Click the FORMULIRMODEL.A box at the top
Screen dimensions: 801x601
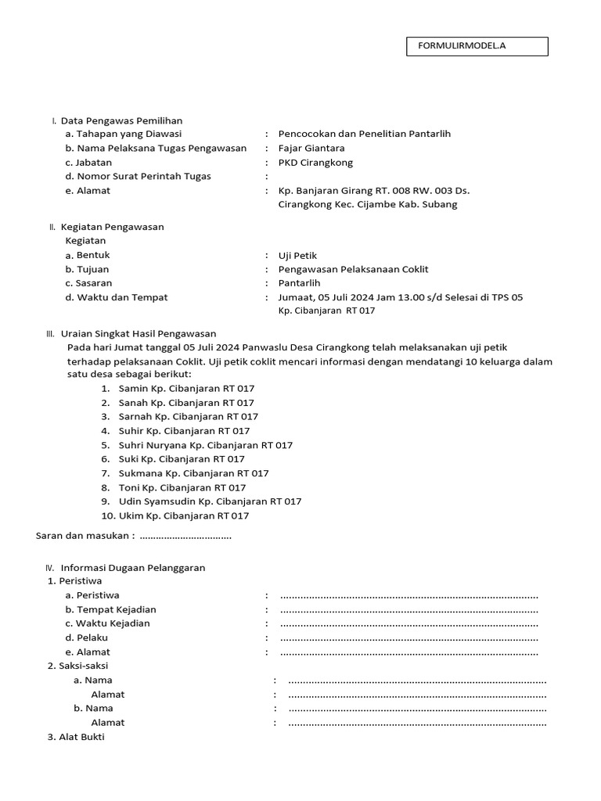477,46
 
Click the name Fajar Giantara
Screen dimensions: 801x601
311,148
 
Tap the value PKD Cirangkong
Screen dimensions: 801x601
315,163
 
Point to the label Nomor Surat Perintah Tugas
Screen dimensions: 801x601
139,177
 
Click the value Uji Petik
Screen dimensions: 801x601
298,256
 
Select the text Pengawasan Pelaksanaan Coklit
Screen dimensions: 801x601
353,269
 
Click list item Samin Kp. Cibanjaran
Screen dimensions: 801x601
186,388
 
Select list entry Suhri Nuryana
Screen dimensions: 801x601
205,445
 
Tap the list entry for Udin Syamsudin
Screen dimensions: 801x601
210,501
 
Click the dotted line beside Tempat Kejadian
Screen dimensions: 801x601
408,610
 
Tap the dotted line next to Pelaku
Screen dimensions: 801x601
408,638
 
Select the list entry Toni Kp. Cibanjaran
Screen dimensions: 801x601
182,487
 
